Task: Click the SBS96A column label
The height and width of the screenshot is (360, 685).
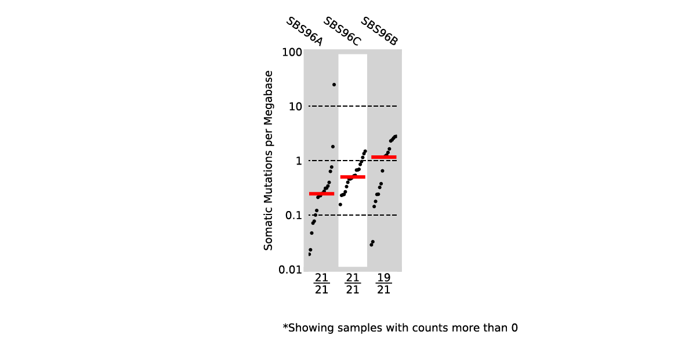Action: click(x=304, y=31)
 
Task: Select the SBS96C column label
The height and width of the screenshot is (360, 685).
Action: click(x=342, y=31)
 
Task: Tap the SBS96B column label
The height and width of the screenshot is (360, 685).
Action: click(x=379, y=31)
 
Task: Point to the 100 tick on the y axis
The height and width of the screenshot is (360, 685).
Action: click(x=292, y=52)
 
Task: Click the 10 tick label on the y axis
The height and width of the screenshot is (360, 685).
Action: click(x=295, y=107)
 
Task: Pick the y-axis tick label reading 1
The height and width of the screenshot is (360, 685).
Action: click(x=299, y=161)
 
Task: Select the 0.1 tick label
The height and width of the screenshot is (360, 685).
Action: click(x=294, y=216)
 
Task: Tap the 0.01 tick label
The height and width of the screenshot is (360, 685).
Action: click(x=291, y=270)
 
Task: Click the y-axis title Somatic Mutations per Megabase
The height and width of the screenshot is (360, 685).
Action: click(x=268, y=161)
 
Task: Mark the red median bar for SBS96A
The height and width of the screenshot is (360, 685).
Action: click(x=321, y=194)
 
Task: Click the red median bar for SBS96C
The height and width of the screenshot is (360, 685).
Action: click(x=353, y=177)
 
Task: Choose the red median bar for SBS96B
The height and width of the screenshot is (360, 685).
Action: click(x=384, y=157)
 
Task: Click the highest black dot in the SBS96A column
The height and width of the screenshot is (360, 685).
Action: click(x=334, y=85)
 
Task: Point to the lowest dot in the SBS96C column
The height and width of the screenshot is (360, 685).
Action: click(x=340, y=205)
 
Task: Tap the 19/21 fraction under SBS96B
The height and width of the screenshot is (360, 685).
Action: click(x=384, y=283)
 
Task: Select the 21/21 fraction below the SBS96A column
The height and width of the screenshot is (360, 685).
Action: click(x=321, y=283)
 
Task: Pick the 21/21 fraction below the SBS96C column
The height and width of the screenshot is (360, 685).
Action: click(x=353, y=283)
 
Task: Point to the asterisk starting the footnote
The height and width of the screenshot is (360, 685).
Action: click(x=285, y=327)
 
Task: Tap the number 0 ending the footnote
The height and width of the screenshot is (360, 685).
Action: click(x=514, y=328)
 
